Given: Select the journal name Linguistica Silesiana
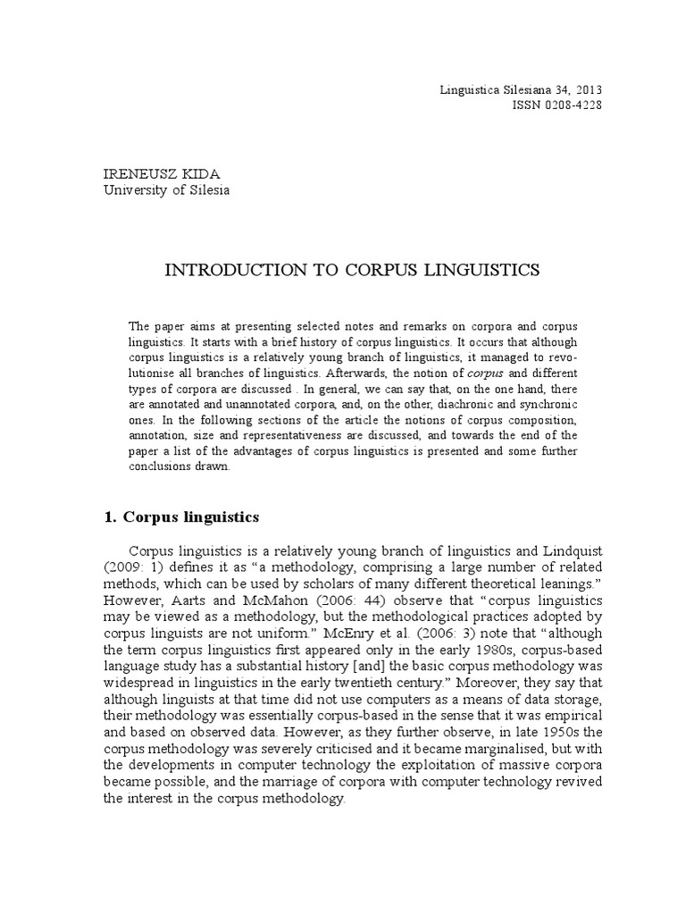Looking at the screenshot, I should coord(495,89).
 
